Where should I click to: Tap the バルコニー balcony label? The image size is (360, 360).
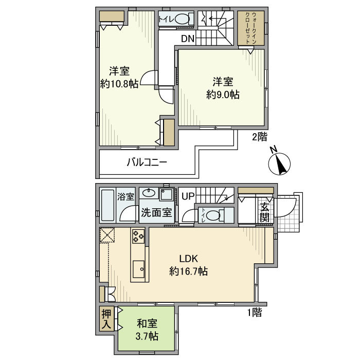147,163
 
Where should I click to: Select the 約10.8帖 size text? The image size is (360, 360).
119,84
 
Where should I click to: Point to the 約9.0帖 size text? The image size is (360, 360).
223,94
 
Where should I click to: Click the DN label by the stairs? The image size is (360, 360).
188,39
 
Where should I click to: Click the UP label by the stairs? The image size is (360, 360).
188,196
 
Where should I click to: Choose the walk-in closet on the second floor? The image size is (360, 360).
251,28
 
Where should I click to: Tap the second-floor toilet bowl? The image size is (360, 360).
182,20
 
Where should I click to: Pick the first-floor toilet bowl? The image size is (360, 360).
213,215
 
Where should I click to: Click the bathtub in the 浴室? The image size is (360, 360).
107,205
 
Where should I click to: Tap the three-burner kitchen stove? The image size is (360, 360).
138,236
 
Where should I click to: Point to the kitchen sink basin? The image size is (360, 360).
138,269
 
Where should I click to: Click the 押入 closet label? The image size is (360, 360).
106,319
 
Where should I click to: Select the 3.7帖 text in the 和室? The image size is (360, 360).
147,336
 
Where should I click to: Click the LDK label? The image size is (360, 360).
189,259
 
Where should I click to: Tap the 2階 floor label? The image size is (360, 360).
260,137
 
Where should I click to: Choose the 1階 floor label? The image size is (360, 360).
255,312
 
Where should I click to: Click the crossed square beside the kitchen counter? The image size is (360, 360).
107,235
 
